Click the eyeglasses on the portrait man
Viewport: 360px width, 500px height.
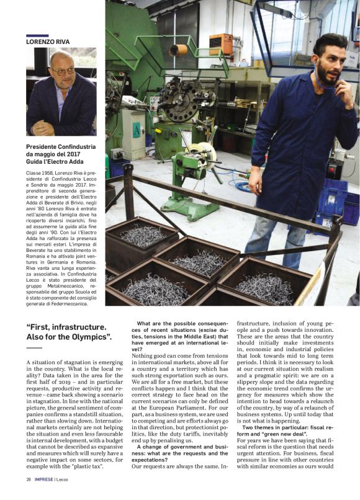pyautogui.click(x=63, y=70)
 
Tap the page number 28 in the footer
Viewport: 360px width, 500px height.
pyautogui.click(x=29, y=480)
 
